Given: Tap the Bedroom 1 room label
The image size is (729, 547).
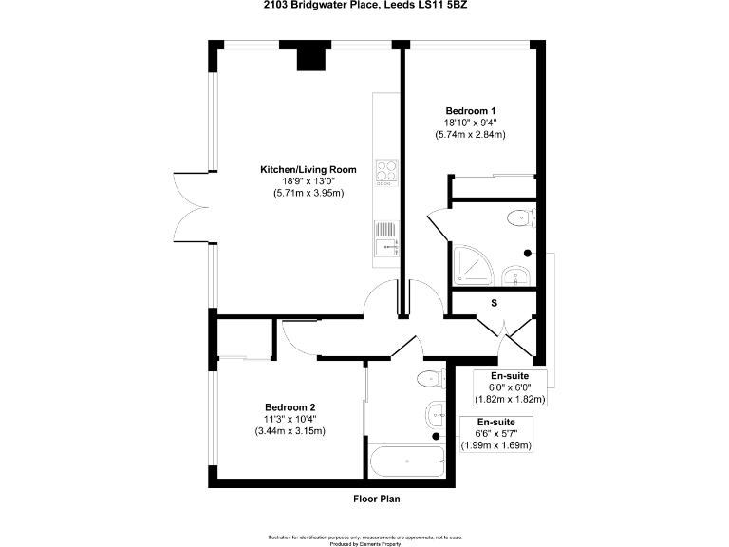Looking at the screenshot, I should (x=473, y=110).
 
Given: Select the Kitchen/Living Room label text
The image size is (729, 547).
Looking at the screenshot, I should (x=302, y=169).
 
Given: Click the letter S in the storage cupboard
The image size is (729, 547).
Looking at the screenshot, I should (x=494, y=303).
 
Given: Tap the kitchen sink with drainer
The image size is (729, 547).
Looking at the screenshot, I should (x=385, y=237).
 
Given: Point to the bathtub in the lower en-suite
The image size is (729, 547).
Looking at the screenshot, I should (x=407, y=462).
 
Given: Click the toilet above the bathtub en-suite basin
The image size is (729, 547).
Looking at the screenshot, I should (x=431, y=380).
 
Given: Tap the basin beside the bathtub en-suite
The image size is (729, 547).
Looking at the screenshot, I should (x=436, y=413).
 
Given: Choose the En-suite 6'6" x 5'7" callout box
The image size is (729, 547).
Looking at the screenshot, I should (x=495, y=434).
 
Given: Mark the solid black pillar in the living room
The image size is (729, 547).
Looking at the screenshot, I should (x=309, y=58).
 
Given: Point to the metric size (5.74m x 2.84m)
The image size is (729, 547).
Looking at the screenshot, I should (x=473, y=135).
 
